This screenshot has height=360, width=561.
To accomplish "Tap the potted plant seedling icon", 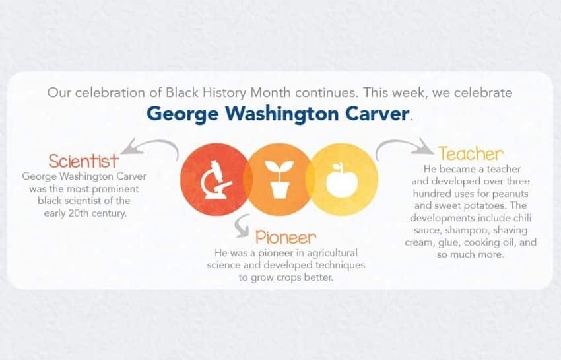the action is click(x=279, y=179).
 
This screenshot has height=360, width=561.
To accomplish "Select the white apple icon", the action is click(x=342, y=180).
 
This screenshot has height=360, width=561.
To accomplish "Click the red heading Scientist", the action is click(x=83, y=161).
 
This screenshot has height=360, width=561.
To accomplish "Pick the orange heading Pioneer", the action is click(x=286, y=237).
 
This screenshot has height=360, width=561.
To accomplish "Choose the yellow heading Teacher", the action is click(x=471, y=154).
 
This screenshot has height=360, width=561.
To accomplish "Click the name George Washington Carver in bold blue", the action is click(x=278, y=114).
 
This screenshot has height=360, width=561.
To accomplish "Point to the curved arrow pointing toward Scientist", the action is click(x=152, y=146).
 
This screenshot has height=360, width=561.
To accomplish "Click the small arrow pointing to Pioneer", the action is click(x=241, y=227).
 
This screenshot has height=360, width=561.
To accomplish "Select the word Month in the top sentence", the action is click(x=270, y=92).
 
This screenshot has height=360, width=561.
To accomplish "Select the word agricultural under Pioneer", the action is click(x=333, y=253).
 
